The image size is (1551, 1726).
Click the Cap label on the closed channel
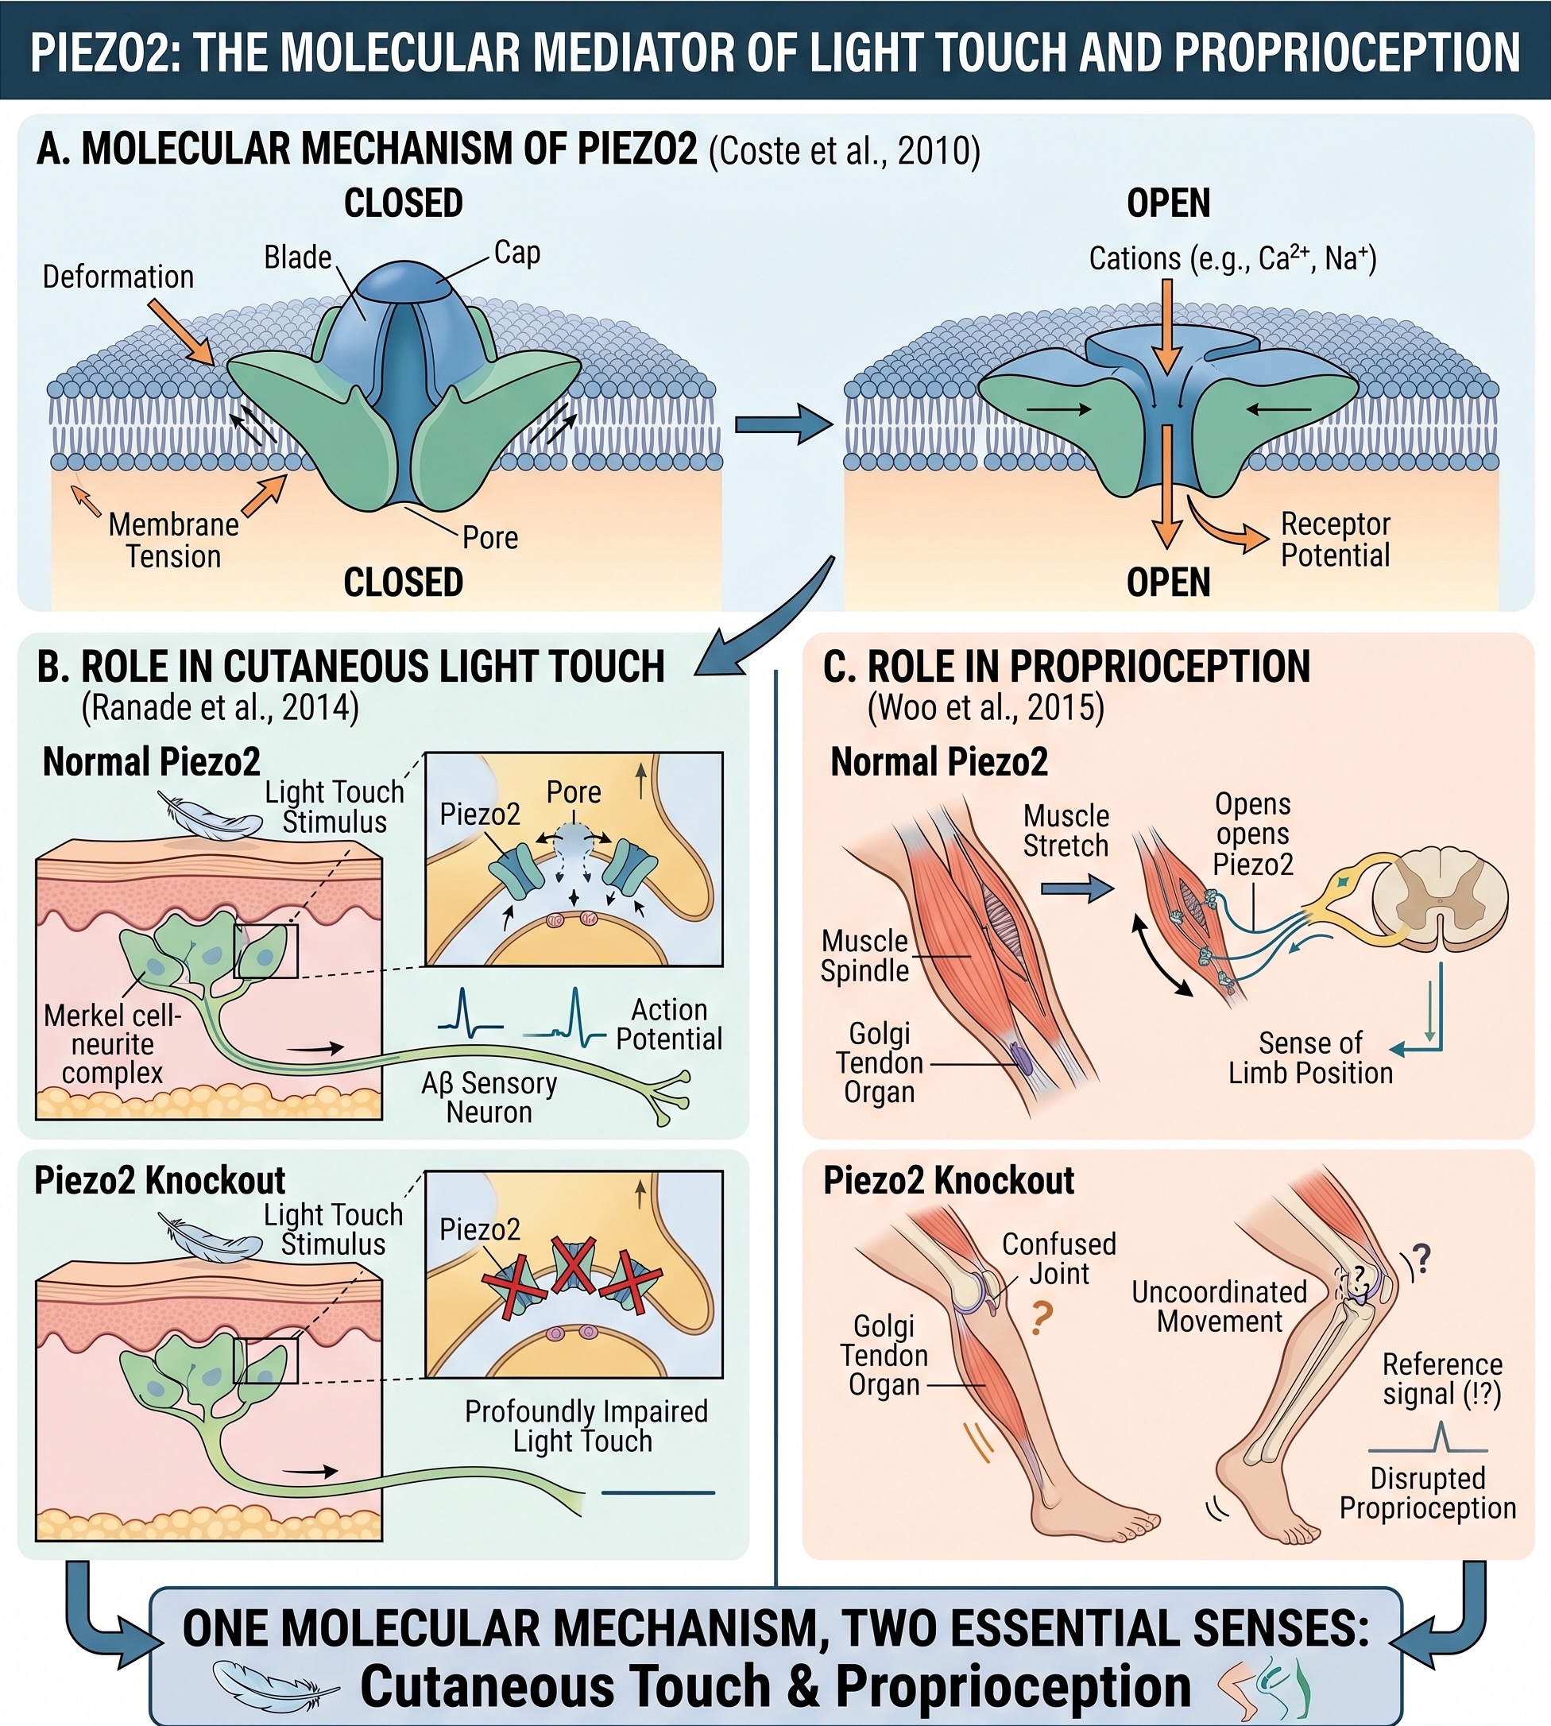point(517,253)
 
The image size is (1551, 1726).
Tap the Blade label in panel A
point(297,257)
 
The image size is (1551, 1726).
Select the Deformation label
point(118,277)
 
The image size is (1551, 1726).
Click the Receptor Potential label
point(1335,540)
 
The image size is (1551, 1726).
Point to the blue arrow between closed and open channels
point(783,424)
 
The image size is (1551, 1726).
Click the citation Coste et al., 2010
point(845,151)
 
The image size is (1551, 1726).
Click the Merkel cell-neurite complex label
point(113,1044)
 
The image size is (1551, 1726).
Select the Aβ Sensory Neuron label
point(489,1097)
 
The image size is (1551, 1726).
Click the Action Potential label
point(669,1024)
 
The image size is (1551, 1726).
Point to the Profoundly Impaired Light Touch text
point(586,1426)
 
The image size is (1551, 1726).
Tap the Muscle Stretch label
point(1066,831)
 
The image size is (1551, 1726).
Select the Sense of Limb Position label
point(1311,1058)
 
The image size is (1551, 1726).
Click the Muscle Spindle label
point(865,956)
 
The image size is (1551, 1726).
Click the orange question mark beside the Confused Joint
point(1042,1318)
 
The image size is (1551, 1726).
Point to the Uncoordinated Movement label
point(1220,1306)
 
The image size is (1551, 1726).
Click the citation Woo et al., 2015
point(986,708)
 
